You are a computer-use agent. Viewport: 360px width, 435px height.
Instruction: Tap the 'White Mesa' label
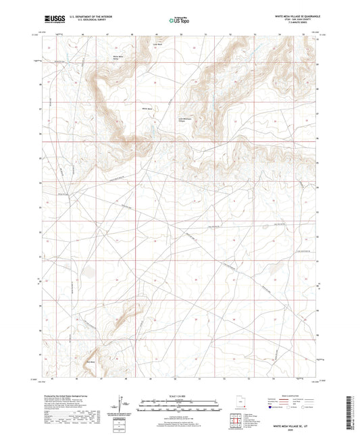pyautogui.click(x=148, y=108)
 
